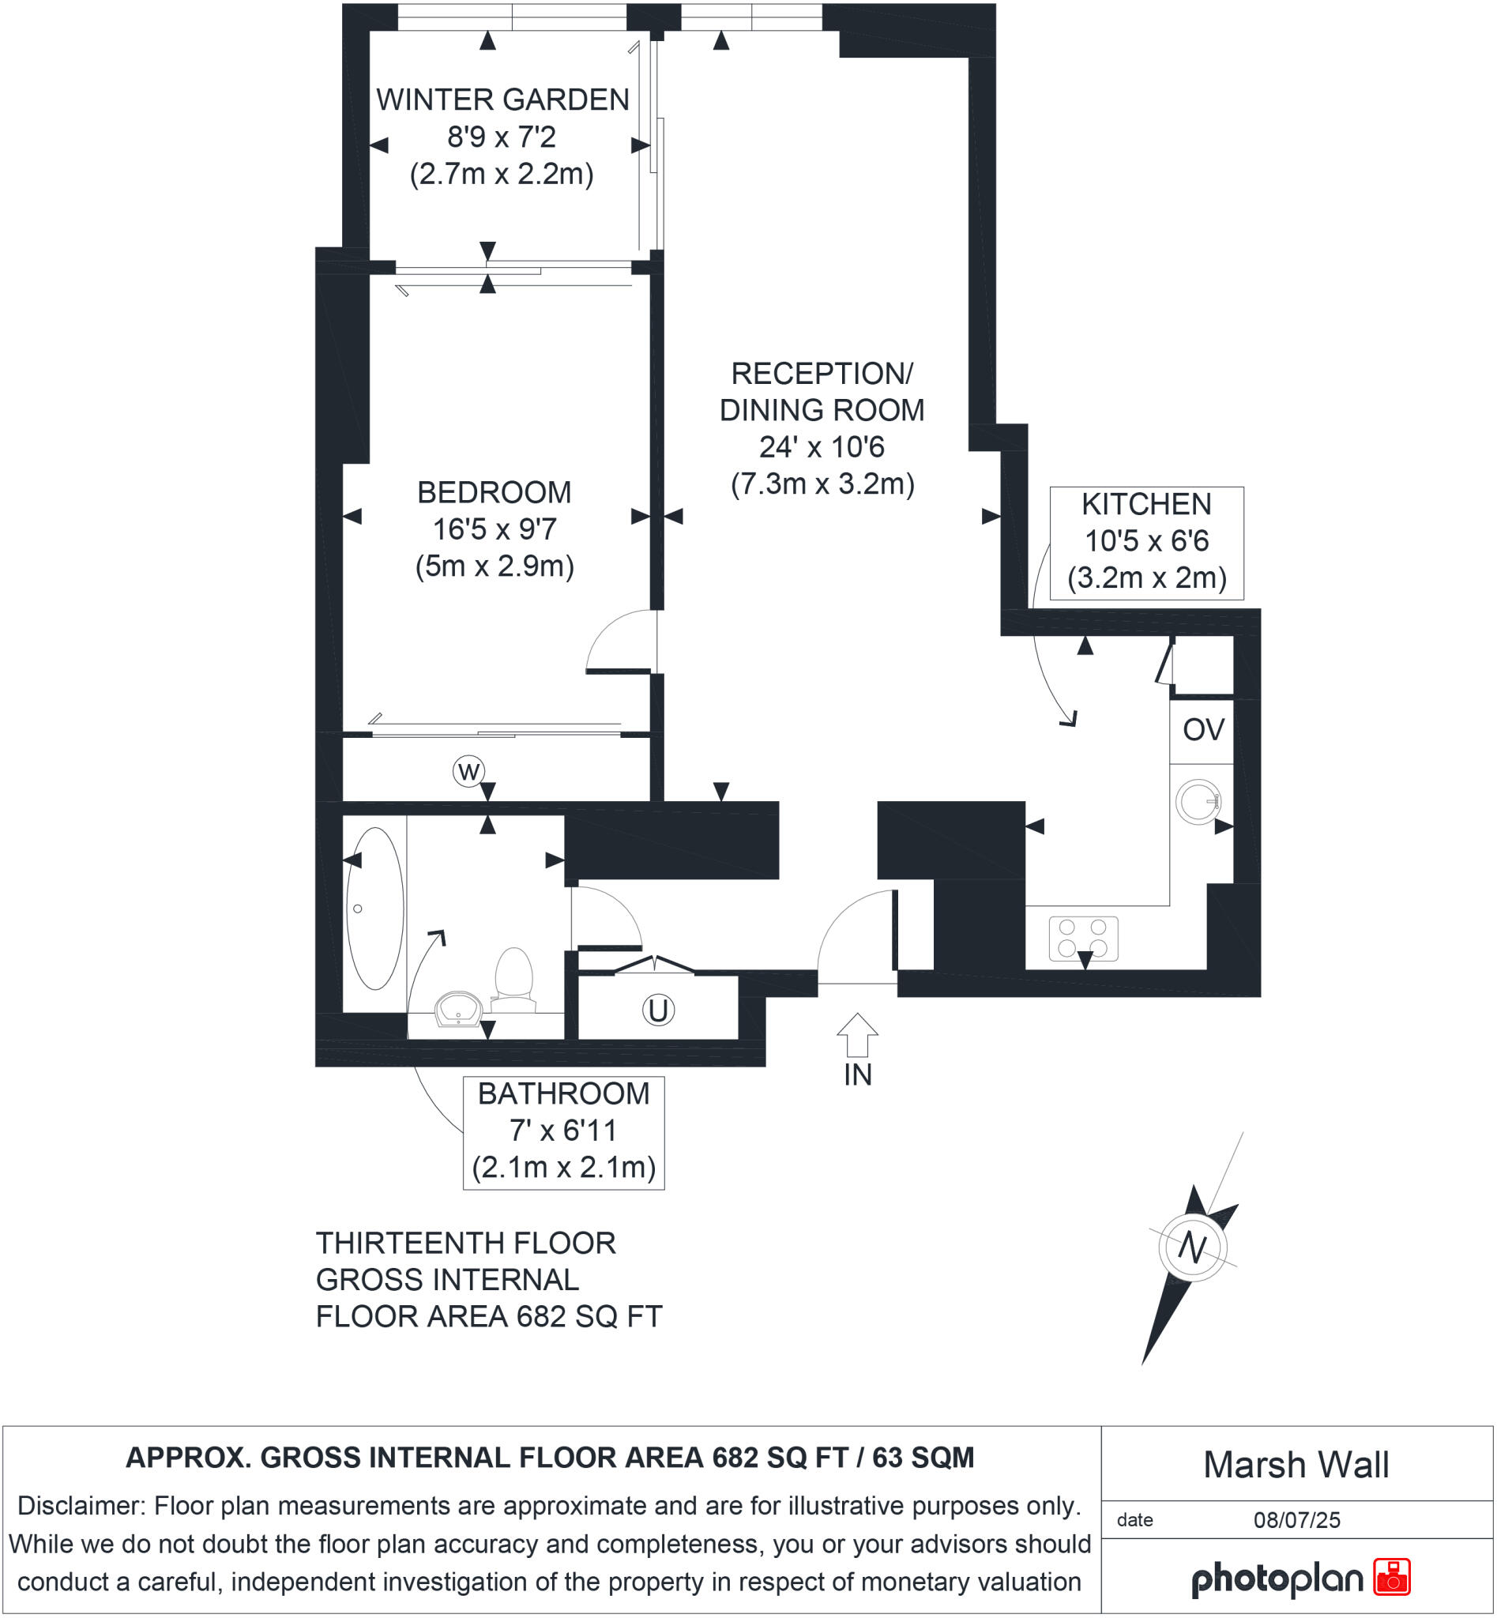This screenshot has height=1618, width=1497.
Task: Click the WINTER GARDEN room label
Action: [502, 100]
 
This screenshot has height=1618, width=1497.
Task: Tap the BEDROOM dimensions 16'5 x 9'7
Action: [495, 529]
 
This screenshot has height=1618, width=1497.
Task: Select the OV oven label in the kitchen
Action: [1203, 730]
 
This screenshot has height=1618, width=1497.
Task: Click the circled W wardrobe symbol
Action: [468, 770]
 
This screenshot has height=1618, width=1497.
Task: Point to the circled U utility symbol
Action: [658, 1010]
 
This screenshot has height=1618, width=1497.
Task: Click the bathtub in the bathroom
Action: [374, 909]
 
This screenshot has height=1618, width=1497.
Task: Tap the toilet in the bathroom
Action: [513, 978]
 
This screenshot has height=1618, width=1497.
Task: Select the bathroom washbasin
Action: [459, 1010]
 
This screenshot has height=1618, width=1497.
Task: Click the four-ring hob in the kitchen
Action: [1083, 938]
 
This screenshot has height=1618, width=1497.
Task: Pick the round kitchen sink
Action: [1198, 802]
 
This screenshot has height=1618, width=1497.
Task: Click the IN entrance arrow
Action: [857, 1035]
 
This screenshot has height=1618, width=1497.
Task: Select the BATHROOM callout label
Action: [563, 1093]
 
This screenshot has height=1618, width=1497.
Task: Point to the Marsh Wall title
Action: [1296, 1464]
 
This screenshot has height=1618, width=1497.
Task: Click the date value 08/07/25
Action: [1296, 1520]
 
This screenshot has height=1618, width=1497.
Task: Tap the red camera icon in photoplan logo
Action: [1392, 1577]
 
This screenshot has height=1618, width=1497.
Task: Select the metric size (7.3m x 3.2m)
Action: [822, 484]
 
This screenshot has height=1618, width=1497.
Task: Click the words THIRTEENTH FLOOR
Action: [466, 1243]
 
